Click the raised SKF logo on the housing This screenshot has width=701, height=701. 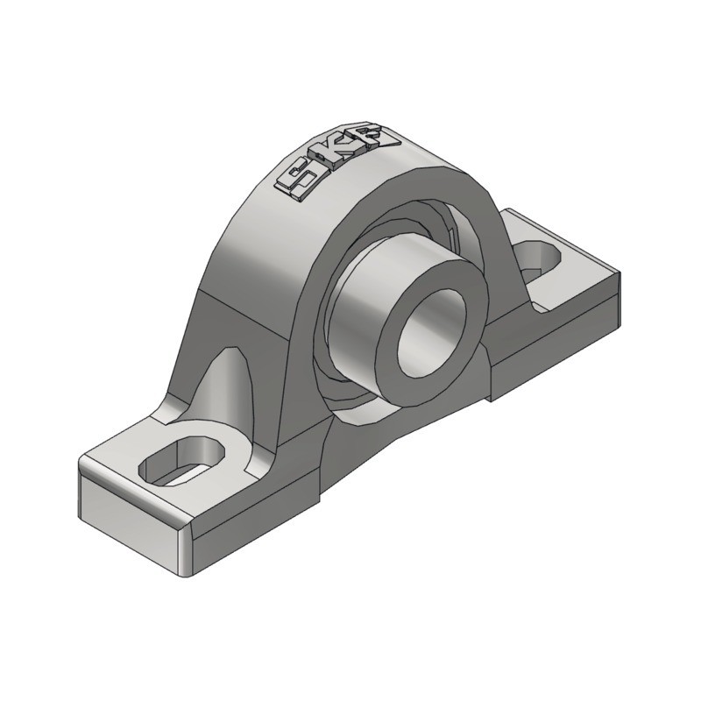pos(338,162)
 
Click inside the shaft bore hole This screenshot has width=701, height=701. pos(429,333)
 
